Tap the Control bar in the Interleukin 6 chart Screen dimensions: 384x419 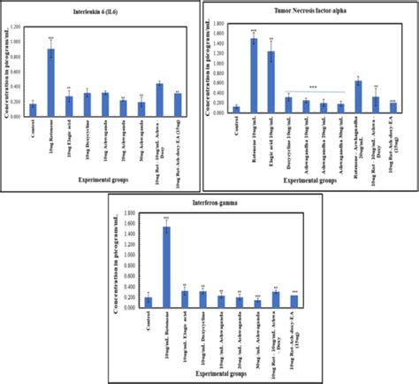pos(33,110)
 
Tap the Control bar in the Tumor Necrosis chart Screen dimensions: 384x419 pos(236,110)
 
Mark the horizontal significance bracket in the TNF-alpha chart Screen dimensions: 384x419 pos(314,92)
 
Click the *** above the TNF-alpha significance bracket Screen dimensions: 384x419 pos(313,87)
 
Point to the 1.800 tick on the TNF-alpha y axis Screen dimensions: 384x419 pos(221,26)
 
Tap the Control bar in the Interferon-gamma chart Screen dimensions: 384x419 pos(148,303)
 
